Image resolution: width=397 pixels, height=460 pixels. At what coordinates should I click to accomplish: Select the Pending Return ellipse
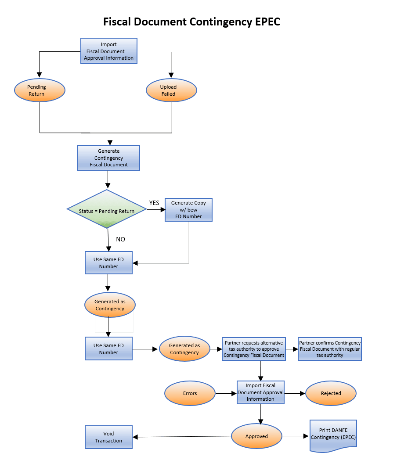(x=40, y=90)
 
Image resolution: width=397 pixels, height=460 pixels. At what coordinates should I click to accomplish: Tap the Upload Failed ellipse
(x=171, y=90)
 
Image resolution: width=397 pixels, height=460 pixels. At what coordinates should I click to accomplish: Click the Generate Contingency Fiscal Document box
(x=108, y=158)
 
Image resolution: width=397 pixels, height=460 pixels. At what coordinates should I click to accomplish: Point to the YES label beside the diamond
(x=154, y=203)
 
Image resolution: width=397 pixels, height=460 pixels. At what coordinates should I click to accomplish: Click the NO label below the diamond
(x=120, y=239)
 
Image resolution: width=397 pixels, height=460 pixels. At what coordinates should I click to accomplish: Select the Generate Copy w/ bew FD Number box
(x=188, y=210)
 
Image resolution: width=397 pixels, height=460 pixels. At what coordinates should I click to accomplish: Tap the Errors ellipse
(x=190, y=393)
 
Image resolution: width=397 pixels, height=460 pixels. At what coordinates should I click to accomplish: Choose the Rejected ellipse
(x=331, y=393)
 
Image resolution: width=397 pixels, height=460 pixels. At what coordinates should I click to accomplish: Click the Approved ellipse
(x=256, y=436)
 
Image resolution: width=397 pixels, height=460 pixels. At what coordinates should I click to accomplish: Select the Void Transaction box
(x=108, y=437)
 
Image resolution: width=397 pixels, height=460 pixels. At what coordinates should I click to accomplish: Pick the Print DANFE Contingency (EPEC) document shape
(x=333, y=435)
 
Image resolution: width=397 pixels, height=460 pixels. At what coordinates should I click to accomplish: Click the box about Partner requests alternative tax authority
(x=254, y=349)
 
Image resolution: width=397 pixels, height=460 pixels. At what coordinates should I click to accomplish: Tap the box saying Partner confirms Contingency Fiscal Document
(x=329, y=349)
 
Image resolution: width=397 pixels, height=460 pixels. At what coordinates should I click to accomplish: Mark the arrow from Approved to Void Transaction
(x=182, y=437)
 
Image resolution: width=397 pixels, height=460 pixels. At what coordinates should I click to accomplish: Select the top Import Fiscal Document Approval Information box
(x=108, y=51)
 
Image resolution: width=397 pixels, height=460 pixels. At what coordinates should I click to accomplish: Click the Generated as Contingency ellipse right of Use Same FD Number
(x=184, y=349)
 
